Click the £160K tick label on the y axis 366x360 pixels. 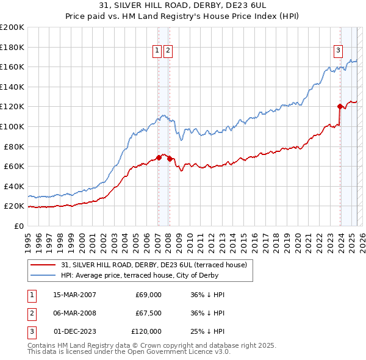12,67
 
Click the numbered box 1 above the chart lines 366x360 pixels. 157,51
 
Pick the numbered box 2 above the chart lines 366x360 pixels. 168,51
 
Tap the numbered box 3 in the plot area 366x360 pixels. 338,51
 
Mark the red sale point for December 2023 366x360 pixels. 340,106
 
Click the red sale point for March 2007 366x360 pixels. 159,157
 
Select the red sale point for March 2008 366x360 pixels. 169,159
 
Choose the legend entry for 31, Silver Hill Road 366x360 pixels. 153,265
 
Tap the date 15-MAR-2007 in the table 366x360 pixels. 74,295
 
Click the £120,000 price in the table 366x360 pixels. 146,331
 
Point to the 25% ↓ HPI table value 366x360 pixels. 207,331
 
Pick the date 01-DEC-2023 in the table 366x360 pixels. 74,331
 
